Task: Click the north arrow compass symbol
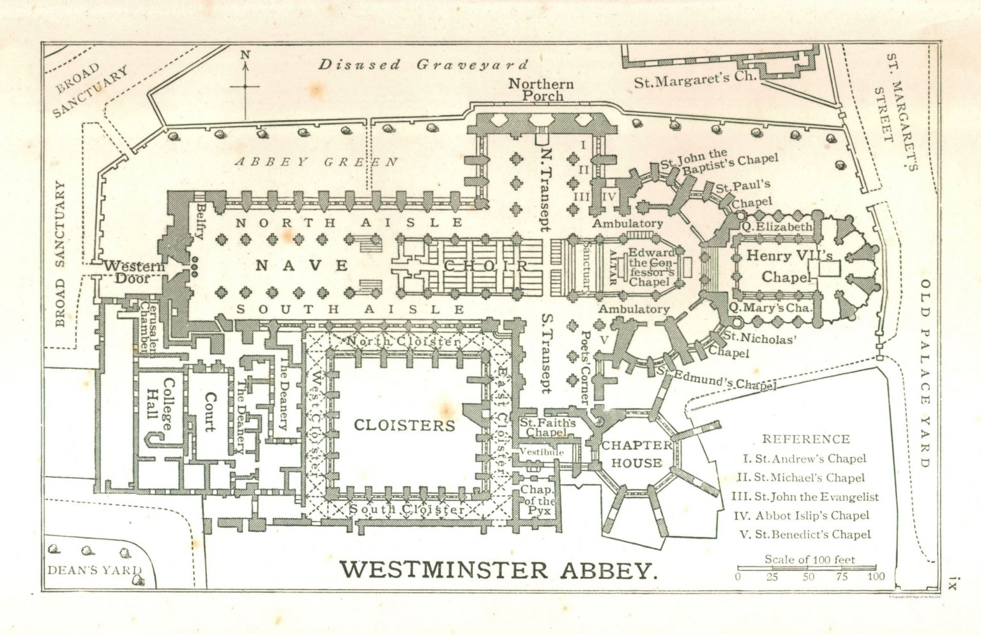click(245, 84)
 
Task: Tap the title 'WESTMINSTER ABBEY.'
click(498, 570)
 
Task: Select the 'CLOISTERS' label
click(404, 425)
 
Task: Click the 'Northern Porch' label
click(541, 90)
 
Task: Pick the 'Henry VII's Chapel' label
click(789, 266)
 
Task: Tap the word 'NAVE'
click(303, 265)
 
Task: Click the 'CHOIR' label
click(487, 266)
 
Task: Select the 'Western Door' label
click(134, 272)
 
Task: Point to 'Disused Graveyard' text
click(424, 65)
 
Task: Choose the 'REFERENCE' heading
click(806, 439)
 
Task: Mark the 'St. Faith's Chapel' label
click(547, 427)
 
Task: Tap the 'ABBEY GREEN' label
click(317, 162)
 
